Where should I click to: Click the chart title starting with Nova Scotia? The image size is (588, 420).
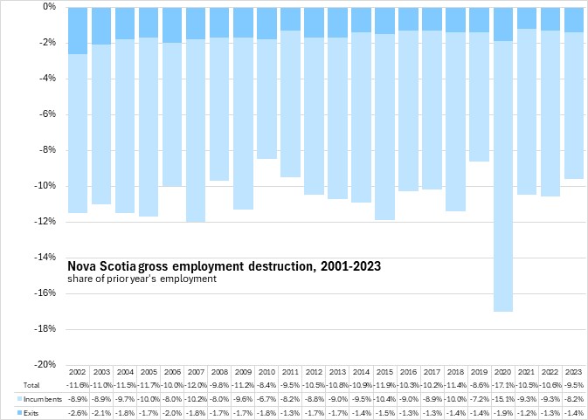tap(224, 265)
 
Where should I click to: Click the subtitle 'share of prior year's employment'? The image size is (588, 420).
tap(140, 279)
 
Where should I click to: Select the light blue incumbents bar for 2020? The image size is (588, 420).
tap(502, 175)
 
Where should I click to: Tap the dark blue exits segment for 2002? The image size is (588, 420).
tap(78, 31)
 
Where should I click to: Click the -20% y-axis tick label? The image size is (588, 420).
tap(45, 365)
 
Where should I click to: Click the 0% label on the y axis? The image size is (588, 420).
tap(50, 7)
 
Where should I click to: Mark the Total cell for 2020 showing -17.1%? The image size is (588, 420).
tap(502, 385)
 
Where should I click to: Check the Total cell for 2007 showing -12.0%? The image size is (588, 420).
tap(196, 385)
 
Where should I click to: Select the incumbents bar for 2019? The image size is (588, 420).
tap(479, 96)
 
